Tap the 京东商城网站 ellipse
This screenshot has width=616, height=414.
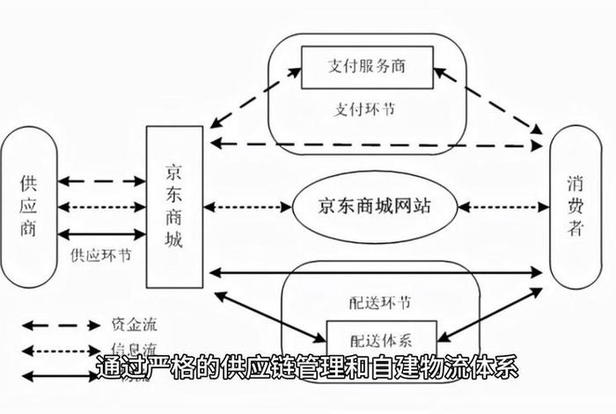point(375,207)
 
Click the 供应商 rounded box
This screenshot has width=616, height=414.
point(29,206)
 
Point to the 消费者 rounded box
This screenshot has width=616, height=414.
point(575,206)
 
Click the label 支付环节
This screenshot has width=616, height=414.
point(364,111)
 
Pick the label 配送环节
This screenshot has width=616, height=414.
point(379,302)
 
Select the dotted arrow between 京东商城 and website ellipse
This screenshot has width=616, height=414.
point(247,208)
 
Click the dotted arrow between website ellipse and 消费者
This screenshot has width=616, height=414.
point(502,208)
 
